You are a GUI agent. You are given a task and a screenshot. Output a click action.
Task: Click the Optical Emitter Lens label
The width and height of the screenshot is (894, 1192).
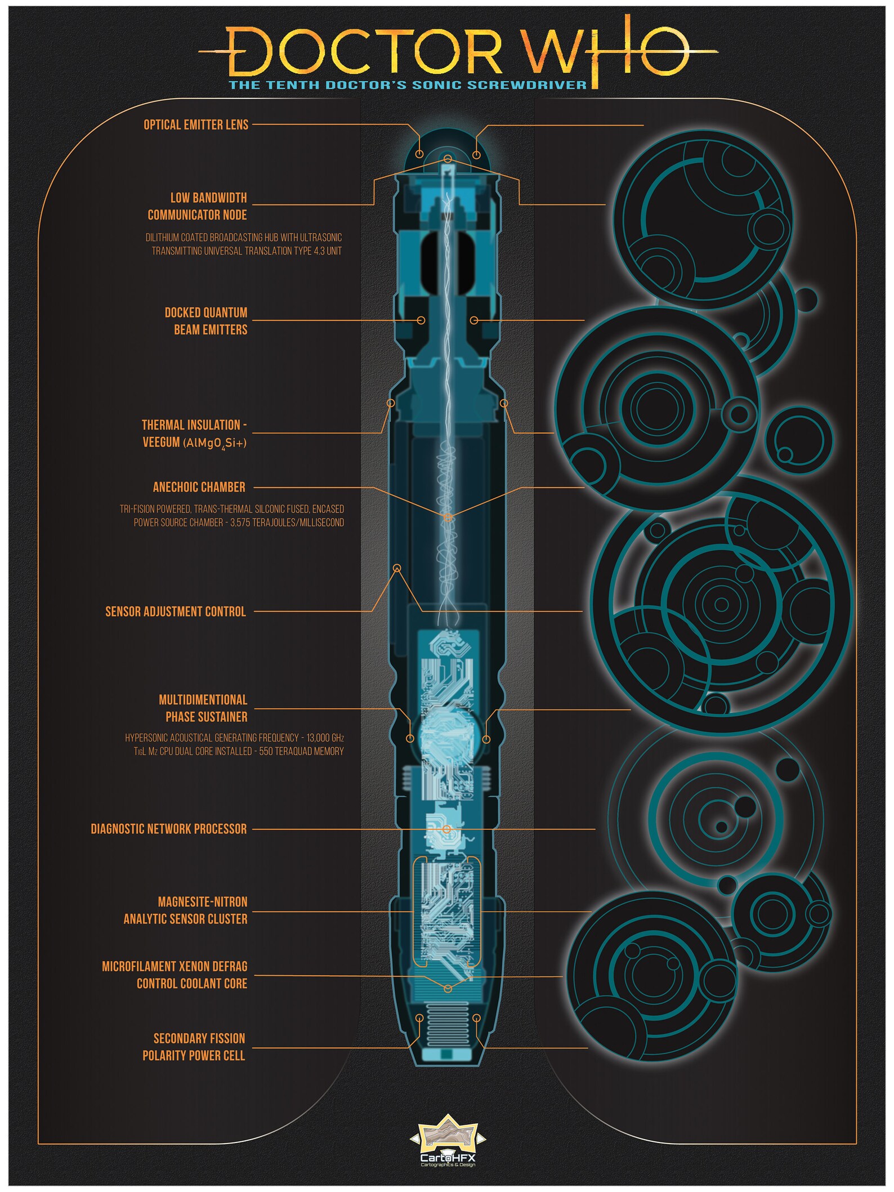point(196,125)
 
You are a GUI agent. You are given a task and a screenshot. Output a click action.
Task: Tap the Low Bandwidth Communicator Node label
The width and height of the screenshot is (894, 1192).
point(198,206)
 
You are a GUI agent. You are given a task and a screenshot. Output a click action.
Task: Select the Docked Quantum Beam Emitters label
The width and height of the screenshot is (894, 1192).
point(206,321)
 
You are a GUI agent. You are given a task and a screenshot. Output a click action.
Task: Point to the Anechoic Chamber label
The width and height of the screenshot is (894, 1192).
point(199,487)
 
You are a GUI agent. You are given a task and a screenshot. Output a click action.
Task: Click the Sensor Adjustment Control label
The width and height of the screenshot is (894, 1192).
point(176,611)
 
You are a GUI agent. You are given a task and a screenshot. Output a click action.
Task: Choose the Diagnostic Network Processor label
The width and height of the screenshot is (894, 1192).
point(169,829)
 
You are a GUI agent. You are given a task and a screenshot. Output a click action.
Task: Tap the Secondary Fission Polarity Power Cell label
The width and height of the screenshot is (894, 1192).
point(194,1047)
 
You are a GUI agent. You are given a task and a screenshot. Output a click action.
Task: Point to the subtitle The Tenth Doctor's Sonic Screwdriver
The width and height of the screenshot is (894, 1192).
point(408,85)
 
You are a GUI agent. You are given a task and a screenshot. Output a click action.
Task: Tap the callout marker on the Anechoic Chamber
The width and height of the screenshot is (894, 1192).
point(448,517)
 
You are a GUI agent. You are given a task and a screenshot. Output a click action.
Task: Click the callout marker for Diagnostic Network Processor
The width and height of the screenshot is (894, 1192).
point(446,829)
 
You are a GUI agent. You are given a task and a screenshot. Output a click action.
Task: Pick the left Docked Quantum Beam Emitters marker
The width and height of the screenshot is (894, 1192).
point(421,320)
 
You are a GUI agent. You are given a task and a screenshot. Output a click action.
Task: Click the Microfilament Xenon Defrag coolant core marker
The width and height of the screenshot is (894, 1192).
point(448,989)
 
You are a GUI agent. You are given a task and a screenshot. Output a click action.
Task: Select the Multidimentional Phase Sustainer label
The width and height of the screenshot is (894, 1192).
point(203,708)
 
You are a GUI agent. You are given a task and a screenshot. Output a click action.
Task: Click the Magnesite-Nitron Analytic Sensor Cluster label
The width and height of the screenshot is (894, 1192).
point(186,910)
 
